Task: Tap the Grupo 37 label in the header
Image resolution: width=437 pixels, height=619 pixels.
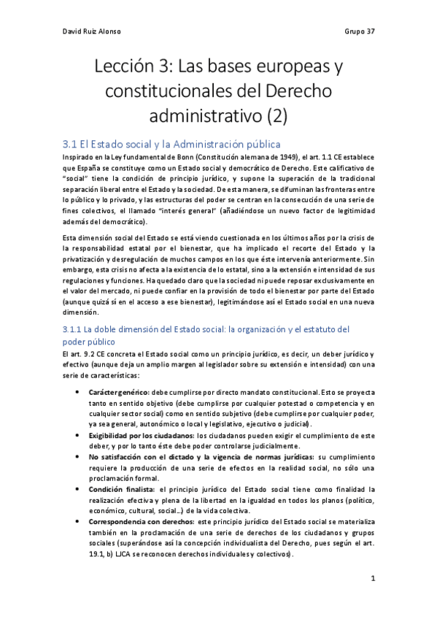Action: point(359,32)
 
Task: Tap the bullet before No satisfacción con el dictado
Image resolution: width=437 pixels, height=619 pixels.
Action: point(79,457)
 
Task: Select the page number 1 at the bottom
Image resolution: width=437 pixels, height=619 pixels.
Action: point(372,579)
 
